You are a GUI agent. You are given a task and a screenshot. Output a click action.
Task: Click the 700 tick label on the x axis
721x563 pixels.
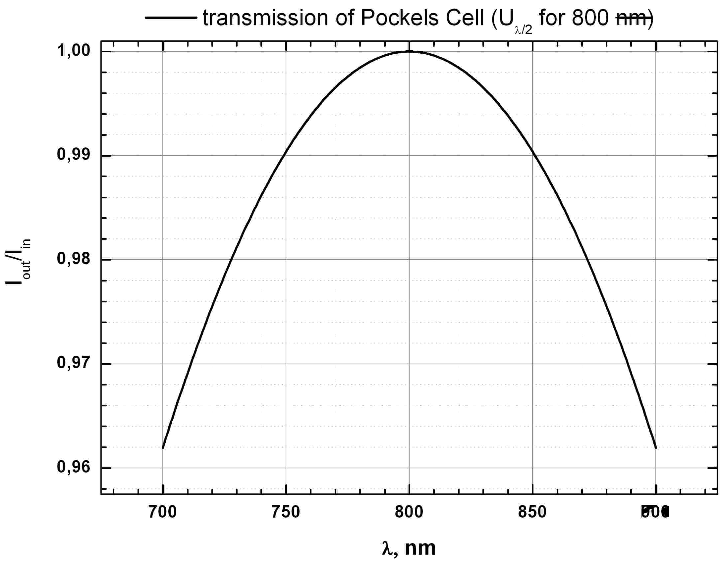coord(162,512)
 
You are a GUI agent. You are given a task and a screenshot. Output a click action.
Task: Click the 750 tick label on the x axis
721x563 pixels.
coord(286,512)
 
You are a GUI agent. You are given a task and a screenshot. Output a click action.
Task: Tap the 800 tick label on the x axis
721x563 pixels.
coord(409,512)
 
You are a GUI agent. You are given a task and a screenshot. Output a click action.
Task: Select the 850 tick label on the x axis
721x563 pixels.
coord(532,512)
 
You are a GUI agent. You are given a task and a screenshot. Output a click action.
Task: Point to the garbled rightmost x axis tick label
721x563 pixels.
coord(656,512)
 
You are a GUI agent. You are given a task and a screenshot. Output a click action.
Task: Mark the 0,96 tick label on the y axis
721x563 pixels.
coord(74,467)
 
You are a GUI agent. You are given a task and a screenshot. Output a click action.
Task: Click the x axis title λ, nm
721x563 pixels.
coord(409,548)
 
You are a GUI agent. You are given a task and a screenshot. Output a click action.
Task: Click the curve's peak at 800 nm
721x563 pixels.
coord(409,51)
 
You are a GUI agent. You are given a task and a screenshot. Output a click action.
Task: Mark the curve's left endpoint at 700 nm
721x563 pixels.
coord(163,448)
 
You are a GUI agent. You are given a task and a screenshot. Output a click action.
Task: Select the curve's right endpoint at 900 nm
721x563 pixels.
coord(656,448)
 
